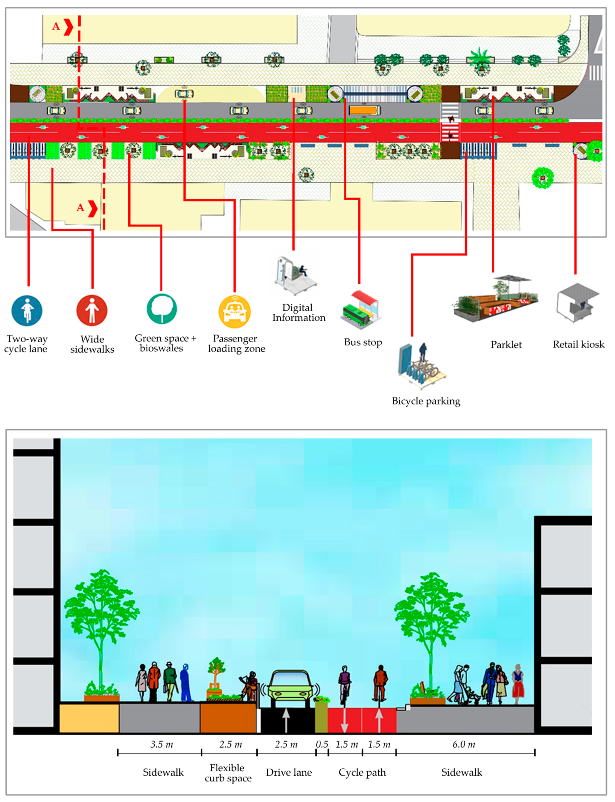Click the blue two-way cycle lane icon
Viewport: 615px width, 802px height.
(27, 311)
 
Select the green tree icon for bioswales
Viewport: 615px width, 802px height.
(162, 309)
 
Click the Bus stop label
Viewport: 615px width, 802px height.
(363, 342)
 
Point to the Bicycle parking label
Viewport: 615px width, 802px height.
(426, 401)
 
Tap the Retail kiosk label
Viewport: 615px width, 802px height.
(578, 344)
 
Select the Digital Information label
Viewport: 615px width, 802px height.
(298, 313)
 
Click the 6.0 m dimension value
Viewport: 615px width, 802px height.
(463, 745)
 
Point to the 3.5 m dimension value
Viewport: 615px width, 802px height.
(162, 745)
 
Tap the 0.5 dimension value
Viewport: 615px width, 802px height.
(322, 745)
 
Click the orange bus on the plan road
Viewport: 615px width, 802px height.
(364, 110)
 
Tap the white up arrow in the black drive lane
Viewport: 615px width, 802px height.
(286, 720)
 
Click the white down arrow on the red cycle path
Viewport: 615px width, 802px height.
(344, 721)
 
